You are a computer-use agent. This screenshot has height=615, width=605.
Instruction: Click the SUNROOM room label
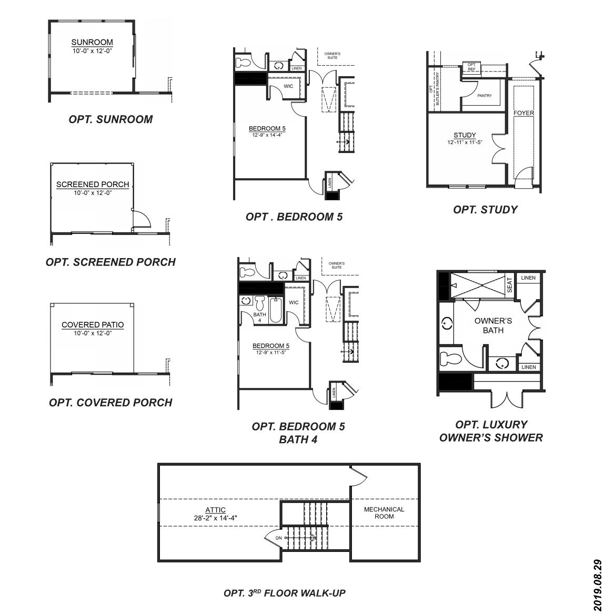(x=92, y=43)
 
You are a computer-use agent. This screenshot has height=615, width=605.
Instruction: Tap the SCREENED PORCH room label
(x=93, y=184)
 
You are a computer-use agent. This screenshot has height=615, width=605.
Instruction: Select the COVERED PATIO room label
(x=93, y=325)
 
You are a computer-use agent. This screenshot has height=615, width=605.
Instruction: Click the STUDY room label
(x=465, y=135)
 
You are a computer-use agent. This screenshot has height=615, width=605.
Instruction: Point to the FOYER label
(x=524, y=113)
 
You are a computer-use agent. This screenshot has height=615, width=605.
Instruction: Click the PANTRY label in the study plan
(x=485, y=96)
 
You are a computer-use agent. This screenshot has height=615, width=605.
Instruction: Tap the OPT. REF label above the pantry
(x=471, y=67)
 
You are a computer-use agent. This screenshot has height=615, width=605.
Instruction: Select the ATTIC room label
(x=216, y=510)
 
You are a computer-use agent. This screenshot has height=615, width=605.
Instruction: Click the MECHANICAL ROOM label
(x=384, y=513)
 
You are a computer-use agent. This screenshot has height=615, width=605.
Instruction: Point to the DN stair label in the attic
(x=278, y=538)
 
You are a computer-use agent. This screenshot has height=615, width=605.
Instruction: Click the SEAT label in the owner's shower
(x=510, y=285)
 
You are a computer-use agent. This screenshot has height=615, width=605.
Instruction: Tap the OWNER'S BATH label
(x=493, y=325)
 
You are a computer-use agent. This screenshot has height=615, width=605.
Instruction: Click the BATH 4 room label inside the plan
(x=259, y=317)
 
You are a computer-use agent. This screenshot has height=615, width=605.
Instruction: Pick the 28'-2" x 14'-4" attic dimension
(x=216, y=518)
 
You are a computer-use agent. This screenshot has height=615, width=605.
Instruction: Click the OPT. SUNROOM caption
(x=110, y=119)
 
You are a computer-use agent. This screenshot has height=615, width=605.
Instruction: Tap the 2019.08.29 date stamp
(x=597, y=585)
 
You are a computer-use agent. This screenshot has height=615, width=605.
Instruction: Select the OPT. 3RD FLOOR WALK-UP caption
(x=285, y=593)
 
